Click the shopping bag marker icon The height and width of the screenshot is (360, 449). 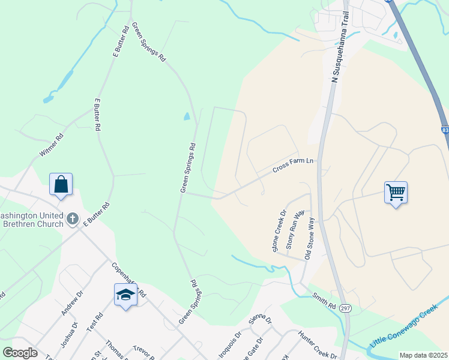point(61,185)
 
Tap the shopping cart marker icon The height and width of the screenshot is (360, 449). point(396,193)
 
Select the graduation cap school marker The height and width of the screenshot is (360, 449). point(125,295)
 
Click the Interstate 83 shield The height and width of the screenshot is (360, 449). point(445,128)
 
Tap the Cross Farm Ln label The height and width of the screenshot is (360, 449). point(293,165)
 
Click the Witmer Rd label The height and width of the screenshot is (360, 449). point(51,146)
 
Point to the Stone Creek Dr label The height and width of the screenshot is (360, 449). point(279,230)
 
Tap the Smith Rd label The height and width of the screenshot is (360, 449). point(324,301)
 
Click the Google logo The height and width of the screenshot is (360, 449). point(20,352)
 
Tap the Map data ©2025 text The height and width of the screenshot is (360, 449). point(423,355)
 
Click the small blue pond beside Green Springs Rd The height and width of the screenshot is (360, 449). point(187,116)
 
